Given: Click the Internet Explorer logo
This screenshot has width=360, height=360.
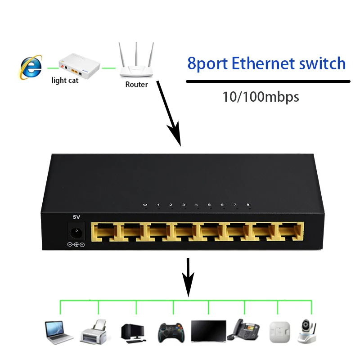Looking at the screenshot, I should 31,67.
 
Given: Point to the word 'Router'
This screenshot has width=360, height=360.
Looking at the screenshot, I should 136,84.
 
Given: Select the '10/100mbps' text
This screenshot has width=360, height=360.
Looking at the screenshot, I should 261,96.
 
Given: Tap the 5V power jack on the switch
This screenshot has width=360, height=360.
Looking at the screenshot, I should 76,234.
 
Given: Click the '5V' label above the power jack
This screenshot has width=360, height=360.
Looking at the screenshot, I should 76,217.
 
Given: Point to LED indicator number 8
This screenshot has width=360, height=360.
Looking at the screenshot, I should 248,205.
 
